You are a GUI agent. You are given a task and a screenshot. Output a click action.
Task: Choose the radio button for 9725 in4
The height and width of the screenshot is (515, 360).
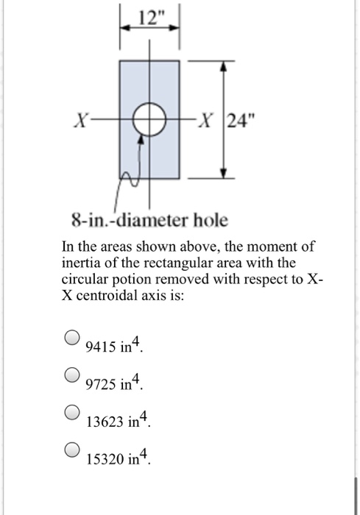click(71, 374)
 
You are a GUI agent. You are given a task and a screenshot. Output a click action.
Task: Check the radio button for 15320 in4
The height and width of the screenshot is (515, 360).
click(71, 449)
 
